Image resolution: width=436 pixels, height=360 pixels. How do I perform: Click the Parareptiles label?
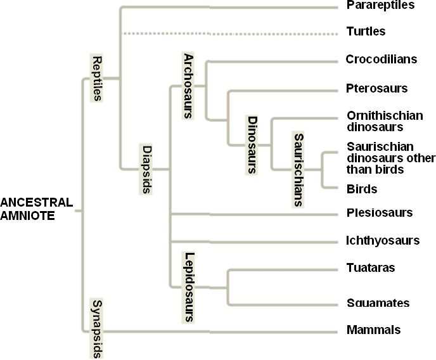380,6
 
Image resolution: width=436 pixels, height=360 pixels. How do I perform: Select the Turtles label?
366,31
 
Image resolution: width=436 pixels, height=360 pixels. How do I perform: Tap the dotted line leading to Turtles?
228,33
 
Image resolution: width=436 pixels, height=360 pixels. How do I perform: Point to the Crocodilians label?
381,60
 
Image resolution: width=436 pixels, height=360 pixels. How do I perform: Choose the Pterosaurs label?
376,88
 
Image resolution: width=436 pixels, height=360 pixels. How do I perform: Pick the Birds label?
362,189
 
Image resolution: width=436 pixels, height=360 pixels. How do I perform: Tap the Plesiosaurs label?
380,213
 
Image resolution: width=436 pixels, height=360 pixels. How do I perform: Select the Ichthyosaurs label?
383,241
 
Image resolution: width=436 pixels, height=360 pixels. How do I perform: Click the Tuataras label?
371,268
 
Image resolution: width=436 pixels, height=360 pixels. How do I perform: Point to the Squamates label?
378,304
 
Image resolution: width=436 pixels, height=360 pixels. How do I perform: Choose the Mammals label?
374,330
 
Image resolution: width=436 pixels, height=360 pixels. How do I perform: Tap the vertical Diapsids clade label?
146,169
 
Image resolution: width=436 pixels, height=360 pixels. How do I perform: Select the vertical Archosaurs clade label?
188,86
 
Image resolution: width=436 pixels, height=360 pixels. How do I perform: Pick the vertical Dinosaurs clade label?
252,145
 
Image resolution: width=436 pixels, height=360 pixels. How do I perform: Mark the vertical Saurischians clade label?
298,169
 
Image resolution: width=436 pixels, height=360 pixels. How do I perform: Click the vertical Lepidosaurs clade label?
188,286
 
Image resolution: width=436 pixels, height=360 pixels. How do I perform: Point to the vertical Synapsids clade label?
97,328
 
